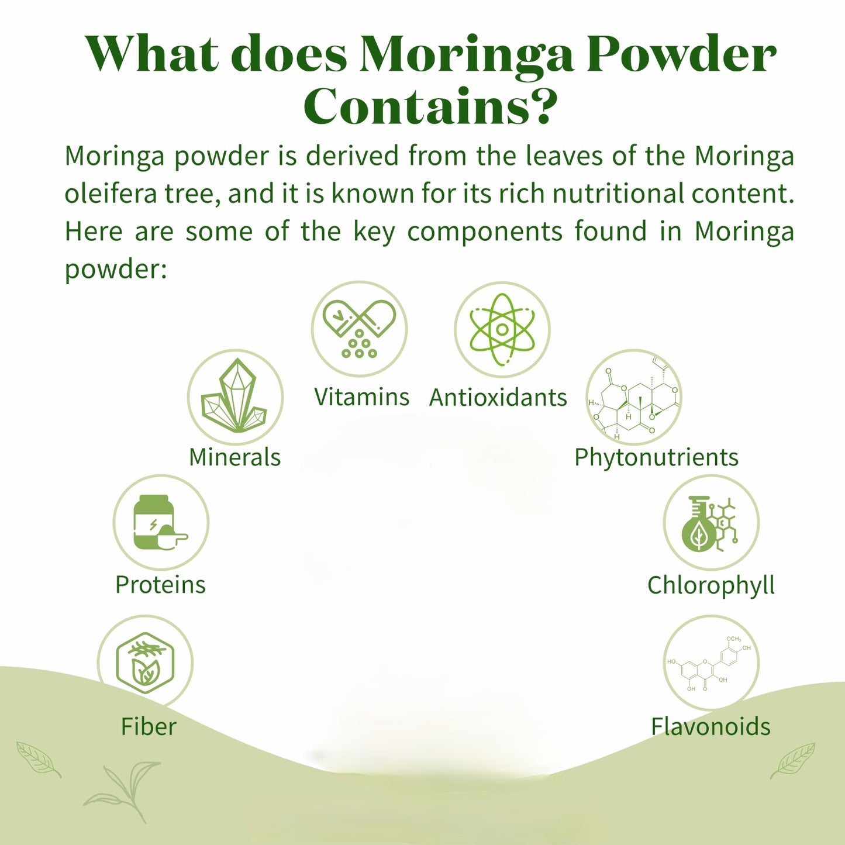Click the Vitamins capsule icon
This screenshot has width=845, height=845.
359,328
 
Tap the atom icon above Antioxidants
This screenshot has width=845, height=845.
502,329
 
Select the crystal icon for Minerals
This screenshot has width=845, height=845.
235,396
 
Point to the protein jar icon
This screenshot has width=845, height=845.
160,522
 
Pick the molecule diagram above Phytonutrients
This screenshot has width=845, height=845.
634,398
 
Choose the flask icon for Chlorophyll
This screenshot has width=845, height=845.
711,522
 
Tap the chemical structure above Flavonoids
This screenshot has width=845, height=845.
711,663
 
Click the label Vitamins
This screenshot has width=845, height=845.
361,397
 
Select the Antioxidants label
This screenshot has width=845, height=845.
498,398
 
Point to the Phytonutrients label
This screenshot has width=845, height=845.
656,457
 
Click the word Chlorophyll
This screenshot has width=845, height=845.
711,585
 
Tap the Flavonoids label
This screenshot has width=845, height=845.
711,727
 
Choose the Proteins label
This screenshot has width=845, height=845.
160,585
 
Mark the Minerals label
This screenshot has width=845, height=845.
234,457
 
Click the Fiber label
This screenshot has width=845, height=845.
149,727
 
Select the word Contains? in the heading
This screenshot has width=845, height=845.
430,106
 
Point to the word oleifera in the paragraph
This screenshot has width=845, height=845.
111,194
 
